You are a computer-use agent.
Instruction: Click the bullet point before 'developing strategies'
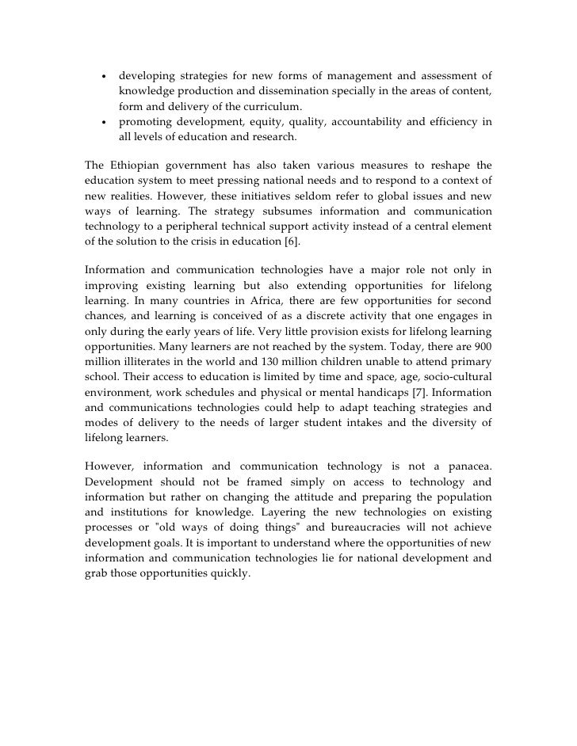(x=103, y=77)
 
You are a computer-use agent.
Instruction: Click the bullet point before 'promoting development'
(x=103, y=122)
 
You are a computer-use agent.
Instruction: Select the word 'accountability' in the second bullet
(x=370, y=122)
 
